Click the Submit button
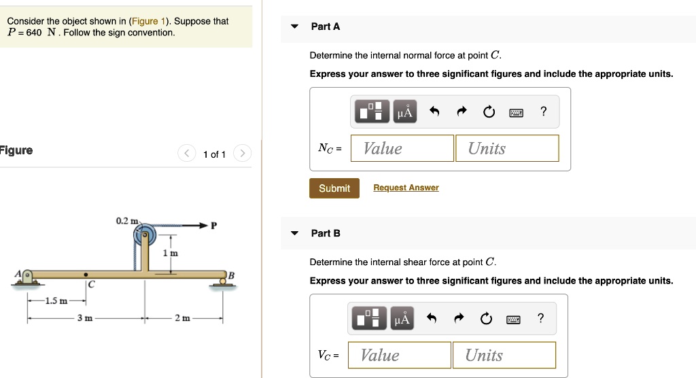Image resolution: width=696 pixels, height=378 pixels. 334,188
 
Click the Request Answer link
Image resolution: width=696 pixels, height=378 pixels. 406,188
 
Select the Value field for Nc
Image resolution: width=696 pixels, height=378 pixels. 402,148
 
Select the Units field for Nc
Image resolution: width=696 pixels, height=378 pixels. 506,148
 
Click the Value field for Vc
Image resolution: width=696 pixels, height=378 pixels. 399,355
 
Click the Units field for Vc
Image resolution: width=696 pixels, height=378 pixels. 504,355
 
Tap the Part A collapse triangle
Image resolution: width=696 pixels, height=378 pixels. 294,27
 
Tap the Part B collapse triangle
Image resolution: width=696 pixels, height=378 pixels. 294,233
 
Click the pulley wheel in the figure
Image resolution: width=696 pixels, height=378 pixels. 145,237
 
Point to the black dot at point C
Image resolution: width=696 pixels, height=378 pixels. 86,275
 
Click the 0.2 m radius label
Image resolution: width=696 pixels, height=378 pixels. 126,221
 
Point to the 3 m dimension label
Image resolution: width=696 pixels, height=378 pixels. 84,317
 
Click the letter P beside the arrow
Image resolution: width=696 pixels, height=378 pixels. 214,226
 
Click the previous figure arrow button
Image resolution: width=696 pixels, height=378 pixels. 187,154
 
